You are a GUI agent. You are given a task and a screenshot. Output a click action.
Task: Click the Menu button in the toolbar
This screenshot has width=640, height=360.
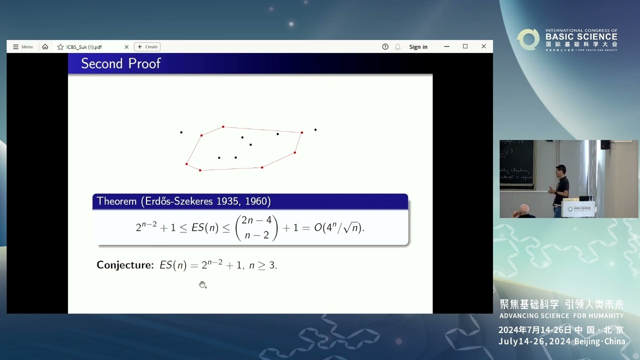[x=22, y=47]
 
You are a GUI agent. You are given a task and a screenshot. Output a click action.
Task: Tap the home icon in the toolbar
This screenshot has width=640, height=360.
[x=45, y=47]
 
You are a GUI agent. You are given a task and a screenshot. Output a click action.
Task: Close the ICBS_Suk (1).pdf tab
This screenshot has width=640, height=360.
[x=126, y=47]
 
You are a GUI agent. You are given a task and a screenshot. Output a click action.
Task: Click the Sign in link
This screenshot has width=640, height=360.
[x=418, y=47]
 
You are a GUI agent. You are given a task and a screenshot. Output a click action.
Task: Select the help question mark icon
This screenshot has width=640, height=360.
[x=385, y=47]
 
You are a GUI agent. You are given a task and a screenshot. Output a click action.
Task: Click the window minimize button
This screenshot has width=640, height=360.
[x=446, y=46]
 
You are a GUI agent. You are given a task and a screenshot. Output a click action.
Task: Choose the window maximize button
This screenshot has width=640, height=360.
[x=465, y=46]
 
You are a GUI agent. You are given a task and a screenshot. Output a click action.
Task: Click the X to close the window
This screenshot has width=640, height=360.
[x=483, y=46]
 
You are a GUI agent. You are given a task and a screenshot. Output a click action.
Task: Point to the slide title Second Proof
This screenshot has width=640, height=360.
[x=121, y=63]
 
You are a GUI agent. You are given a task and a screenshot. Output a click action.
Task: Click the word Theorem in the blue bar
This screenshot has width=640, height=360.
[x=116, y=201]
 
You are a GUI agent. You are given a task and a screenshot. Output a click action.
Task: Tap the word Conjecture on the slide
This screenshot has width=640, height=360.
[x=125, y=265]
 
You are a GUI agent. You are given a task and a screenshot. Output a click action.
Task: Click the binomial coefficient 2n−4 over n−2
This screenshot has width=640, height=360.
[x=256, y=227]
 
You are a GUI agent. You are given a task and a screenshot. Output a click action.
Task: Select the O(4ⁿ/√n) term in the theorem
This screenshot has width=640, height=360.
[x=339, y=227]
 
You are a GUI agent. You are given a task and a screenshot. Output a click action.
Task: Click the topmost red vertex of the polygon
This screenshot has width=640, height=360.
[x=223, y=127]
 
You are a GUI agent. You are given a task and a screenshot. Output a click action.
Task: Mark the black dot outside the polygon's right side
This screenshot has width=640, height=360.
[x=315, y=130]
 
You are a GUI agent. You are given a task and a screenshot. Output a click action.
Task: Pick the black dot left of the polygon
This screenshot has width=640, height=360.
[x=181, y=132]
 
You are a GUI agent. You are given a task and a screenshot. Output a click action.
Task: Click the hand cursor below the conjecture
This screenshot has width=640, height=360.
[x=202, y=284]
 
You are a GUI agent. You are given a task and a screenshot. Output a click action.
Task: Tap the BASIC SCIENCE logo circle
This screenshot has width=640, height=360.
[x=528, y=39]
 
